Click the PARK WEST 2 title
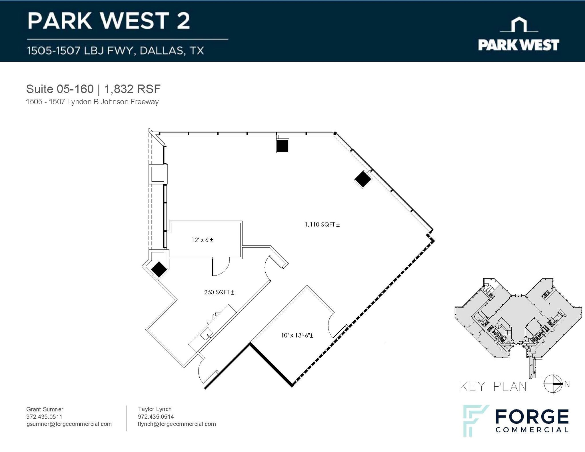(x=109, y=21)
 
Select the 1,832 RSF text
(x=132, y=89)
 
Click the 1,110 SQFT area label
(x=322, y=225)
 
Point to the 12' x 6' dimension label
(x=202, y=240)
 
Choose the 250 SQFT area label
(x=219, y=292)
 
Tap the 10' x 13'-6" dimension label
(x=297, y=336)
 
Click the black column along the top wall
(x=283, y=146)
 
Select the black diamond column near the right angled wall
(x=363, y=179)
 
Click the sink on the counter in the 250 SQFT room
(x=207, y=334)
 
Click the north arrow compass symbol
(x=553, y=384)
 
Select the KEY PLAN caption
(x=493, y=386)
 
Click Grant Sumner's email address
(x=69, y=424)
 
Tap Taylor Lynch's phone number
(x=156, y=417)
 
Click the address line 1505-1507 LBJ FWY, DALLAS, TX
(x=115, y=51)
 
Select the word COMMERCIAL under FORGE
(x=532, y=430)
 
